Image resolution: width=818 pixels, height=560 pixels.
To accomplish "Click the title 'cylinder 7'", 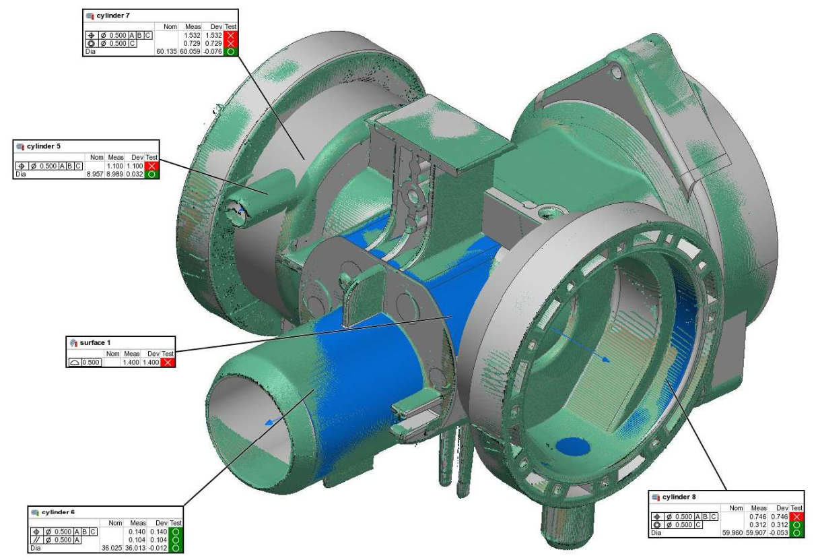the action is pos(113,15).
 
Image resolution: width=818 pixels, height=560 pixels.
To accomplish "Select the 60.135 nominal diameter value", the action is pos(166,51).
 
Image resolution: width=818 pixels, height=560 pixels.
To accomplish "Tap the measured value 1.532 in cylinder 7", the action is pos(192,36).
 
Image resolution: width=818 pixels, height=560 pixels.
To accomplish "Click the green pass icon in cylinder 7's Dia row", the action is pos(230,51).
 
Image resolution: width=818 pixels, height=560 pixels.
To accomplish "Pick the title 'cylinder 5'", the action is pos(44,146).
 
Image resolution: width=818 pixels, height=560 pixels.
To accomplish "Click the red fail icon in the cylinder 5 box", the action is pos(151,166).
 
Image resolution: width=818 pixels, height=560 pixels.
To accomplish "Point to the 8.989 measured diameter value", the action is pos(114,174).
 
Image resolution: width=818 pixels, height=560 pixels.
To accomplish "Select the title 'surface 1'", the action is pos(95,342).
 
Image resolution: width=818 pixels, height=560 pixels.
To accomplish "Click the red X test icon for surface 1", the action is pos(168,363).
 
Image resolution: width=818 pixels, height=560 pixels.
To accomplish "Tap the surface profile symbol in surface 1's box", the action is pos(75,363).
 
